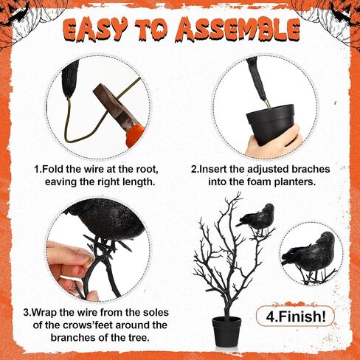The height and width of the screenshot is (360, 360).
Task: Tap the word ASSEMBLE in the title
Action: tap(238, 30)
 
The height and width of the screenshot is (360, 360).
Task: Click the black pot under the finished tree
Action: tap(226, 331)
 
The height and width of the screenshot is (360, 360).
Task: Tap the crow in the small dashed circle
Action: tap(310, 256)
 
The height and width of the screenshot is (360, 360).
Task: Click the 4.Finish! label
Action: tap(296, 316)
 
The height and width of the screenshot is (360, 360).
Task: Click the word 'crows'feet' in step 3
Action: tap(88, 325)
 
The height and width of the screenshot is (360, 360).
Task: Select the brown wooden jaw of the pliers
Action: tap(111, 102)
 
